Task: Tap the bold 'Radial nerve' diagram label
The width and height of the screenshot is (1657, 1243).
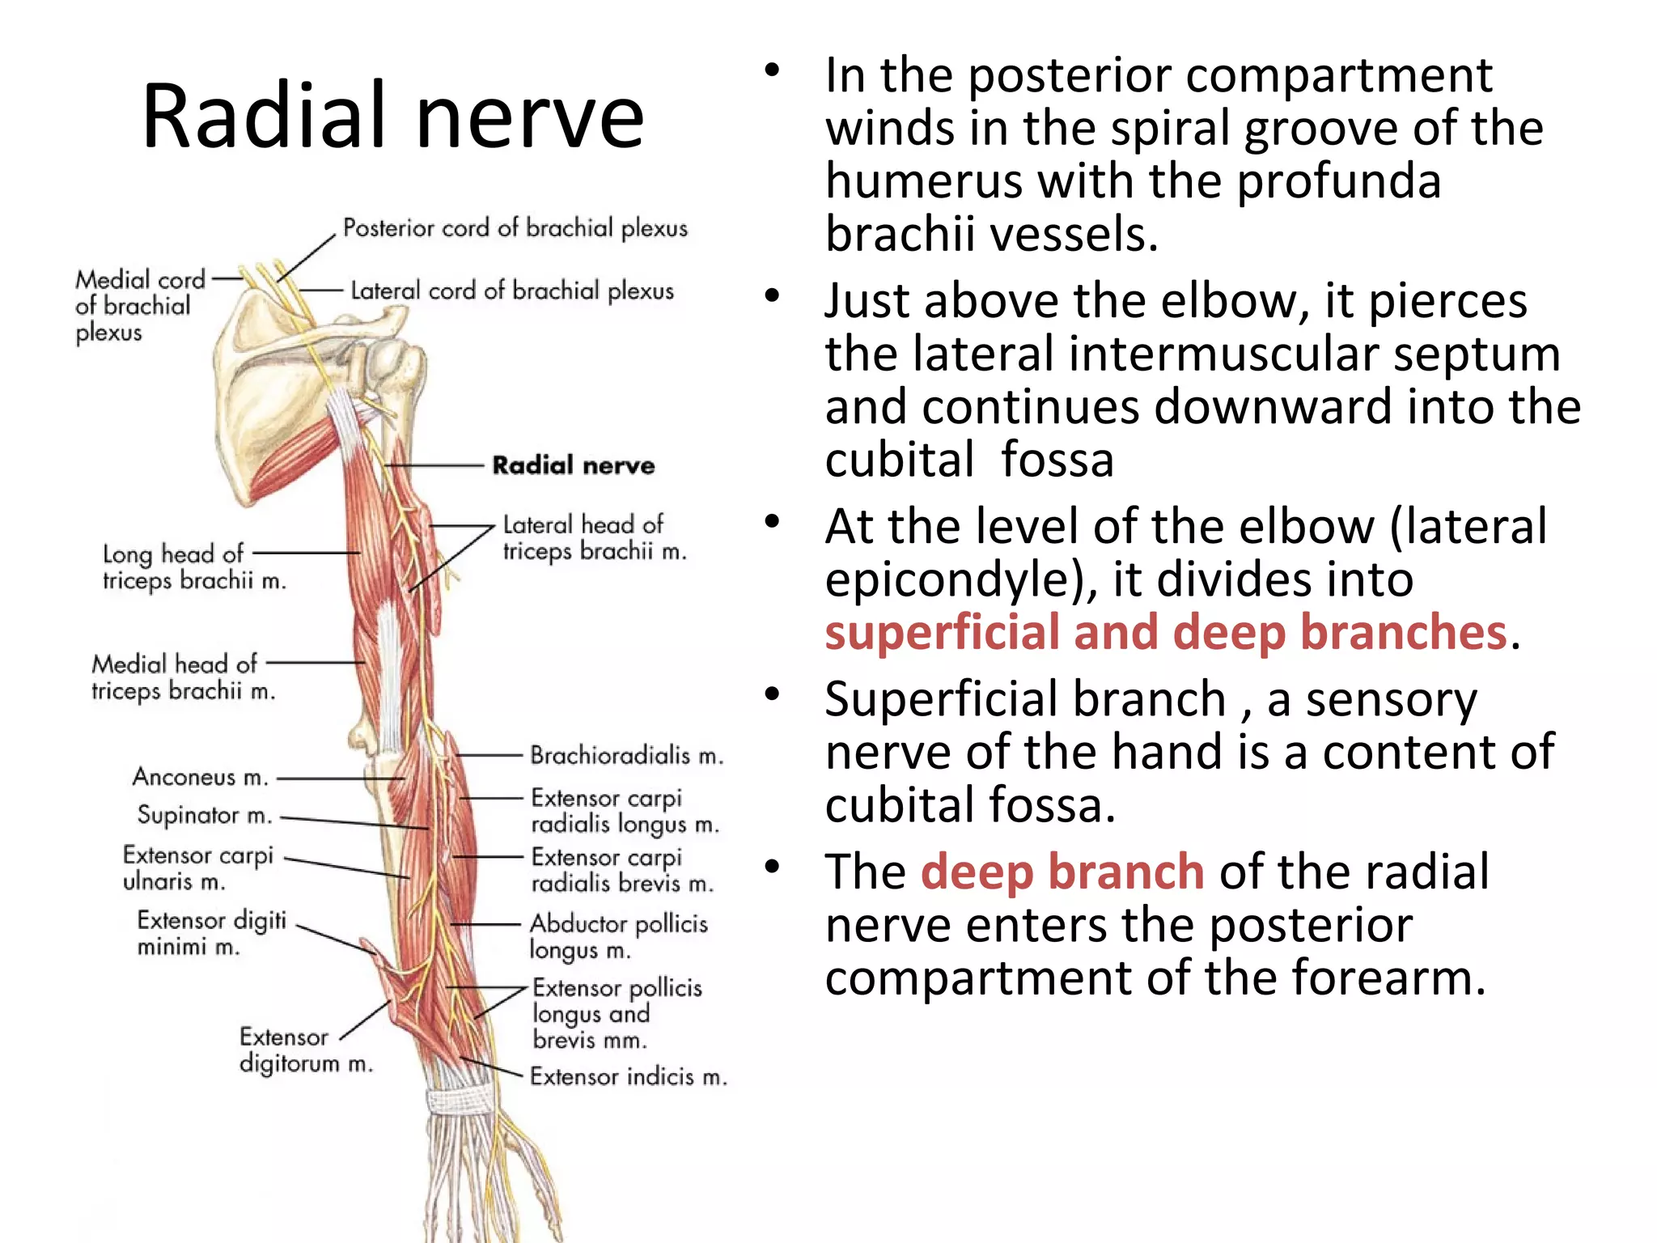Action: pyautogui.click(x=573, y=465)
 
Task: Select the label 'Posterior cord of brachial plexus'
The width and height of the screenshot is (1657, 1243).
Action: pyautogui.click(x=515, y=228)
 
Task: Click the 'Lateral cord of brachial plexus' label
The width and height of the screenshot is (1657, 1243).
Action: pyautogui.click(x=511, y=291)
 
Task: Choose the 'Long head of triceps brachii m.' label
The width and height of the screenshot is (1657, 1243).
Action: pyautogui.click(x=194, y=566)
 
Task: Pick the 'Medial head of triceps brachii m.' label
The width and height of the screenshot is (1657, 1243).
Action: pyautogui.click(x=183, y=677)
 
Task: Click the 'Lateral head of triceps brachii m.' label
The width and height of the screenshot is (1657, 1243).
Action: pyautogui.click(x=594, y=537)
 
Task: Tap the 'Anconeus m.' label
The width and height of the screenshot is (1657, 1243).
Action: pyautogui.click(x=200, y=777)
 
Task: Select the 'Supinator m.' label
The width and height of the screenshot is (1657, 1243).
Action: pyautogui.click(x=204, y=815)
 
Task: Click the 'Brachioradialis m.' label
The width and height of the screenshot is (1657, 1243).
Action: pyautogui.click(x=626, y=755)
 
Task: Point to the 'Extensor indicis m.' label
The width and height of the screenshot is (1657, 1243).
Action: pyautogui.click(x=628, y=1076)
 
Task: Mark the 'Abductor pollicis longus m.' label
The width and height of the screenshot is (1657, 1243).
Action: pyautogui.click(x=618, y=935)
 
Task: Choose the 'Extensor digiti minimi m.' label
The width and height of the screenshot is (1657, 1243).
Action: pyautogui.click(x=211, y=933)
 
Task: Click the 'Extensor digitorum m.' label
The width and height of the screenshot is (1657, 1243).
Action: pyautogui.click(x=306, y=1050)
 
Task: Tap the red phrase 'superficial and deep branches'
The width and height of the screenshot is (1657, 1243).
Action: pyautogui.click(x=1166, y=632)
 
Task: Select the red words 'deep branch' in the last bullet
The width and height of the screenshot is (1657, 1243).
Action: pyautogui.click(x=1062, y=872)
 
